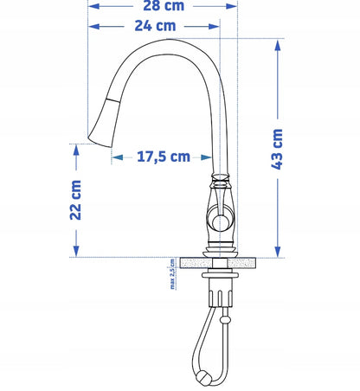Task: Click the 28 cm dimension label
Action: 164,5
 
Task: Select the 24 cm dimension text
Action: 155,26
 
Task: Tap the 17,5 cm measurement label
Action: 164,157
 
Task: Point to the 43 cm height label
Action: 277,149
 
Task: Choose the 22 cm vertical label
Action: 75,200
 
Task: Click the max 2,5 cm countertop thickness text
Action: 172,274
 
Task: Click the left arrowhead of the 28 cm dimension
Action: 94,6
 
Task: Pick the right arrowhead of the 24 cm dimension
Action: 214,27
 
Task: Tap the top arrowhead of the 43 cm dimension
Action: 278,46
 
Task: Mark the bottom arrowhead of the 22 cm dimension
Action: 76,251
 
